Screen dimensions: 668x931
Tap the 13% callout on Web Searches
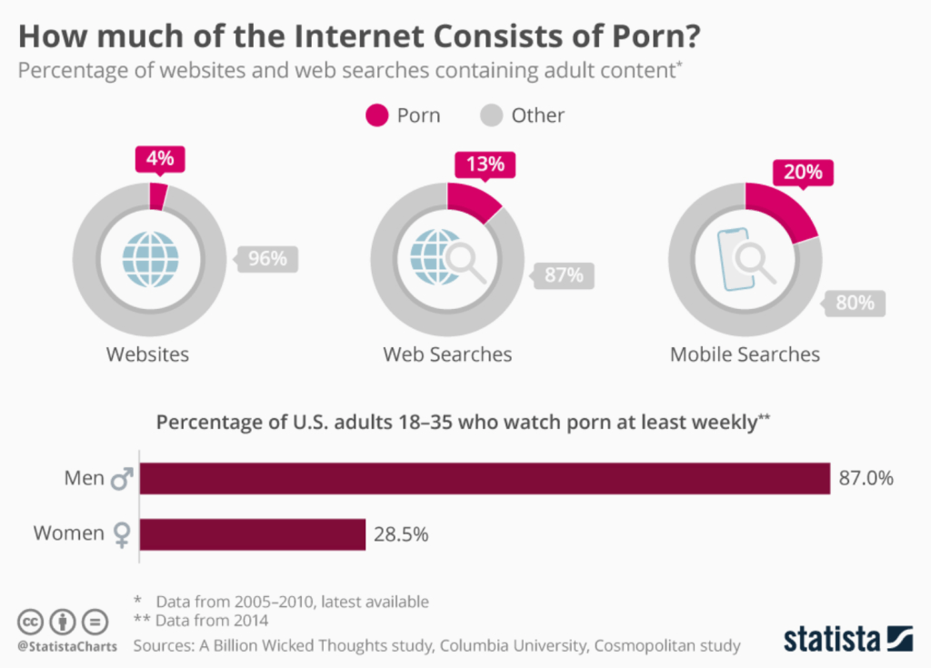click(483, 165)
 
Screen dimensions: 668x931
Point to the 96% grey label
click(267, 259)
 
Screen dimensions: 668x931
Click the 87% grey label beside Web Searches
click(564, 274)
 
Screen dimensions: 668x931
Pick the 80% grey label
click(855, 303)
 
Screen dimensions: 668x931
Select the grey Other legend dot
click(491, 115)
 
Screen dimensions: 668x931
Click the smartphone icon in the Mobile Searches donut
click(736, 259)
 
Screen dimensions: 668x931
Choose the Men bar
click(485, 478)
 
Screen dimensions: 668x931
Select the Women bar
click(253, 533)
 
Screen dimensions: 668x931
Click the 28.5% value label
click(401, 534)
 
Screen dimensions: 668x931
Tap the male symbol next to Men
click(121, 478)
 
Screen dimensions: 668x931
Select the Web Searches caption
click(447, 354)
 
